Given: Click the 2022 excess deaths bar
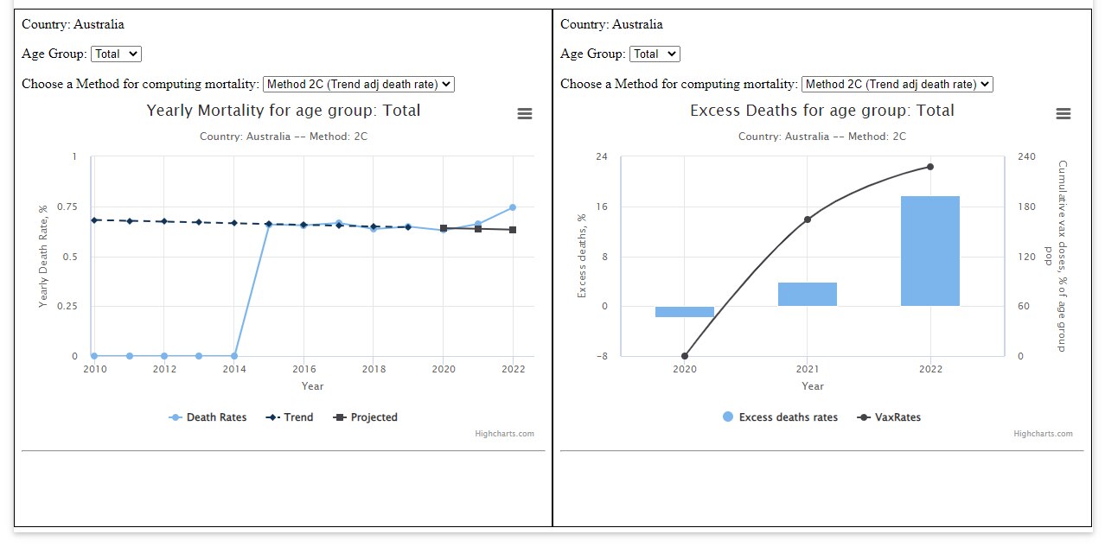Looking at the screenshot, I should [929, 251].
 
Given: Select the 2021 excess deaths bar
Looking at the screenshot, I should [807, 294].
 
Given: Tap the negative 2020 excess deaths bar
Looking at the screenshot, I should [684, 312].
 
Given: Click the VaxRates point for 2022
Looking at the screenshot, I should [930, 167].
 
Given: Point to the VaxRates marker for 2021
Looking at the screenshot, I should [808, 219].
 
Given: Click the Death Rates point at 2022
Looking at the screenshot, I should [513, 207].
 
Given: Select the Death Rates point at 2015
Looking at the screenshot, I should [268, 225].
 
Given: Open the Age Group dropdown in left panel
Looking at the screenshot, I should [116, 54].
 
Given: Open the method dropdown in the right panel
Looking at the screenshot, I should [897, 84].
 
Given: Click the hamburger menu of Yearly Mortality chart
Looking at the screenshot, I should [525, 114].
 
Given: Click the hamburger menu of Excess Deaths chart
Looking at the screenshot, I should [1063, 114].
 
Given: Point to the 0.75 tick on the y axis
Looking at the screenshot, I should [65, 207].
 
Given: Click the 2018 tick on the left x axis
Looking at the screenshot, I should [373, 368].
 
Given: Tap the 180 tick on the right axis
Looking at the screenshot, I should [1025, 207].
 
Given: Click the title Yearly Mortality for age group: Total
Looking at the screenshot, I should [283, 111].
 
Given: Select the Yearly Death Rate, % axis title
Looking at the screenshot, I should [43, 257].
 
